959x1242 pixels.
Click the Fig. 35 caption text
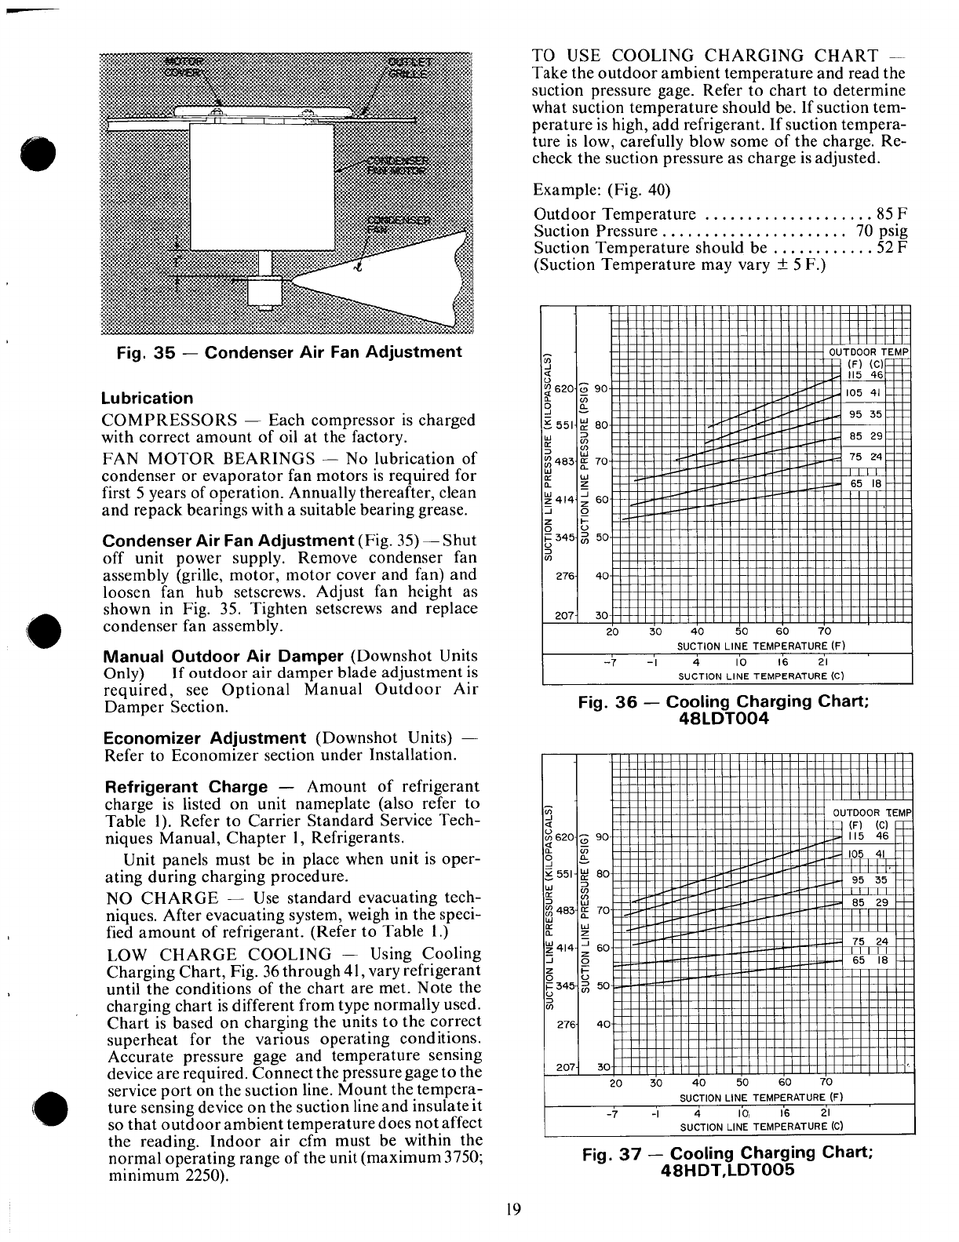click(288, 351)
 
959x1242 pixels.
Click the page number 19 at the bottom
click(514, 1208)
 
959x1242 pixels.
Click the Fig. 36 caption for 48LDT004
click(722, 710)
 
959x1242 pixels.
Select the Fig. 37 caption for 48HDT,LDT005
click(727, 1161)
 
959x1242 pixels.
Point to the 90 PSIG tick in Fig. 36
click(601, 388)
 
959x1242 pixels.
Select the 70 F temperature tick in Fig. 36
click(824, 632)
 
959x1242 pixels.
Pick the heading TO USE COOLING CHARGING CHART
click(705, 56)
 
